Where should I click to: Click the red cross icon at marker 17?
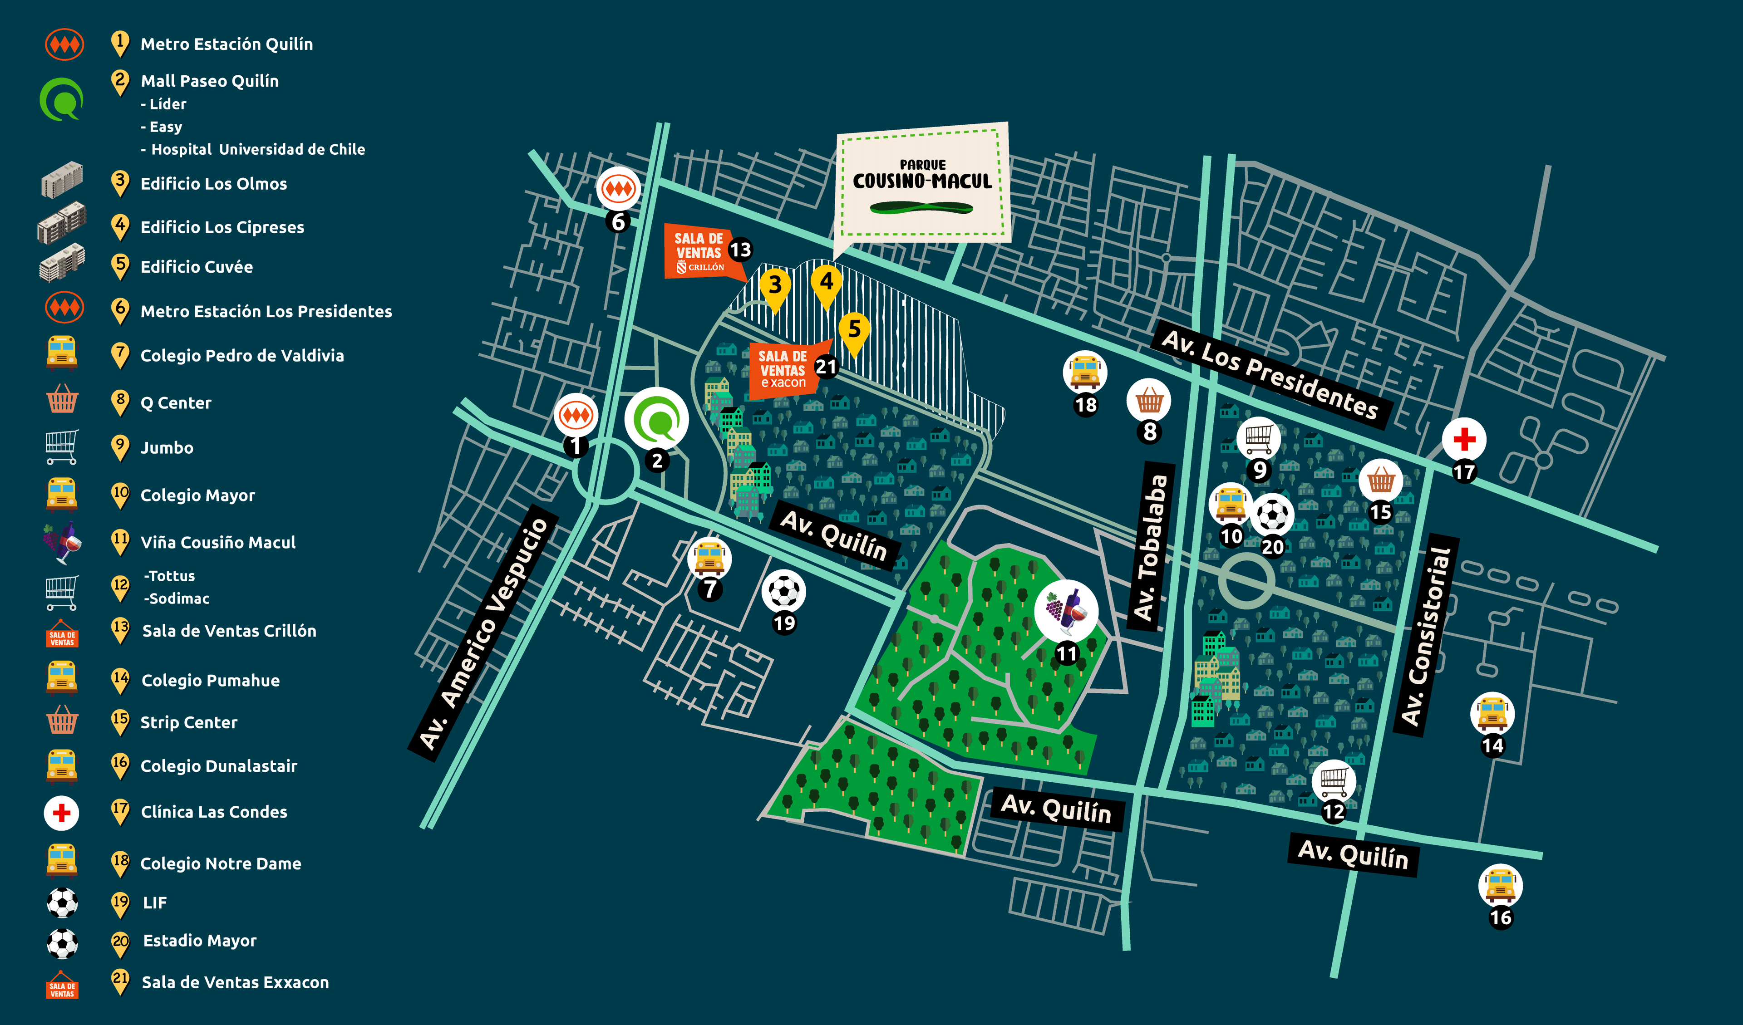tap(1463, 439)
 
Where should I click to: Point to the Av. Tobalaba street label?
tap(1151, 546)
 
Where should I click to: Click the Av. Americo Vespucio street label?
tap(484, 633)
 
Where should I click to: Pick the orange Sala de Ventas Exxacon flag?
tap(783, 369)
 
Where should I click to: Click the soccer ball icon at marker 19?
tap(783, 591)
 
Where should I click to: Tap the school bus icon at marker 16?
tap(1500, 885)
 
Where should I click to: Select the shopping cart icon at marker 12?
tap(1333, 781)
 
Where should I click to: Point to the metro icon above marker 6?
tap(618, 188)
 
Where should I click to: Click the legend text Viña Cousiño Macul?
tap(218, 542)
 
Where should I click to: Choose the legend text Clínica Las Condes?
tap(214, 812)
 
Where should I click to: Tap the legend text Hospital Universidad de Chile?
tap(257, 149)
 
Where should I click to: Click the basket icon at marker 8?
tap(1149, 400)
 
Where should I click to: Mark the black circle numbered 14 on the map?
tap(1492, 745)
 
